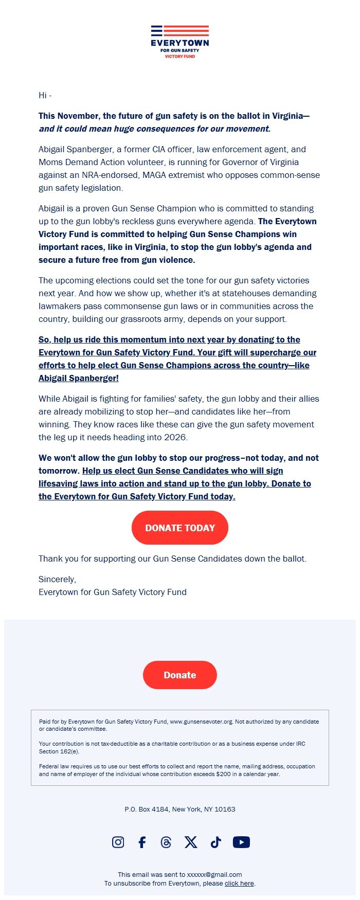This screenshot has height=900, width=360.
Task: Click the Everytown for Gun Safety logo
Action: point(180,42)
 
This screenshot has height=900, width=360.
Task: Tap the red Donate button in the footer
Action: point(179,675)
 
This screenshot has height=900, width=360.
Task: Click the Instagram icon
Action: point(118,842)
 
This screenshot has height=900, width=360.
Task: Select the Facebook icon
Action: point(142,842)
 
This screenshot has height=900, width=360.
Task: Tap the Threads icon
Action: point(166,842)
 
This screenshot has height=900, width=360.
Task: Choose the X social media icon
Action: point(191,842)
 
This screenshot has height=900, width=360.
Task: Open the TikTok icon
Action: point(215,842)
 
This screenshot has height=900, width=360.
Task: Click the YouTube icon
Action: point(241,842)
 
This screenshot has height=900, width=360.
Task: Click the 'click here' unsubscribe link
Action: point(239,883)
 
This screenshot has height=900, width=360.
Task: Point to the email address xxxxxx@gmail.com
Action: point(214,874)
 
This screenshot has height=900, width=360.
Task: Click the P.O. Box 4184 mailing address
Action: point(179,809)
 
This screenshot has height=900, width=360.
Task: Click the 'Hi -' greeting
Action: point(45,95)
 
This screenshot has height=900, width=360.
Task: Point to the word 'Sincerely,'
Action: point(57,579)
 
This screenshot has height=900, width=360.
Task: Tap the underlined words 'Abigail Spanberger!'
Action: point(79,378)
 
